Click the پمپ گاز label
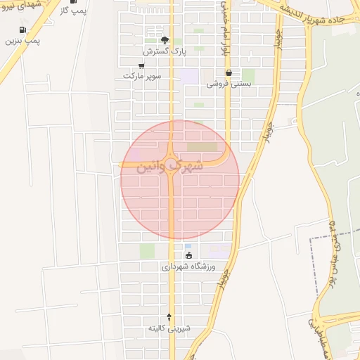click(64, 13)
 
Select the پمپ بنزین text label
click(23, 41)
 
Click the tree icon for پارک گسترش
click(165, 40)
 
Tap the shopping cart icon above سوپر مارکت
click(142, 65)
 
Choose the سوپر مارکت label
click(142, 75)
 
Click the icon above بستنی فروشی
click(229, 72)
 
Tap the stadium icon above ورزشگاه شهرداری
click(188, 255)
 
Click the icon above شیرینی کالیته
click(169, 317)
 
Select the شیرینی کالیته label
click(169, 328)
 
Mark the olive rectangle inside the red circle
click(202, 147)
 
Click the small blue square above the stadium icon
click(188, 246)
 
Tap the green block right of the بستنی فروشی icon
click(248, 75)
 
